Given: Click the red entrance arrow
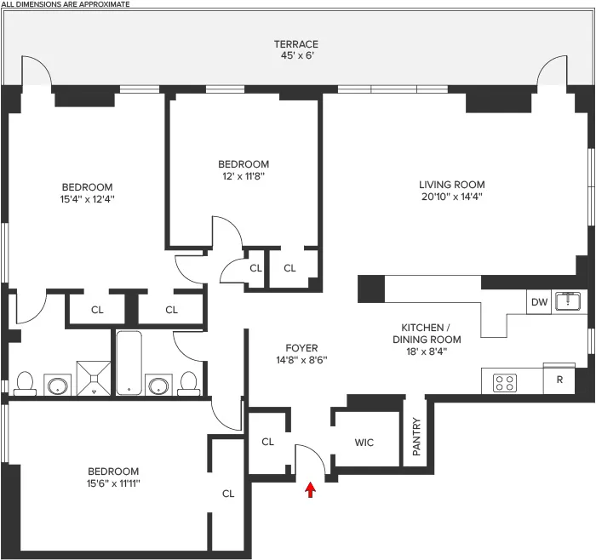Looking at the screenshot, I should click(310, 489).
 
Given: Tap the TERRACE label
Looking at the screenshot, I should click(295, 44).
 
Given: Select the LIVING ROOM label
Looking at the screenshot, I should click(451, 185).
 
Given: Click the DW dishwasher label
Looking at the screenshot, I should click(538, 302).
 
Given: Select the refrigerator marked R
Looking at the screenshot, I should click(559, 380).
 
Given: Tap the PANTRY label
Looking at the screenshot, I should click(415, 437).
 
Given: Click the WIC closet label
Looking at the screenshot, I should click(364, 442).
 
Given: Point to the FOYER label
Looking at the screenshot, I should click(301, 348).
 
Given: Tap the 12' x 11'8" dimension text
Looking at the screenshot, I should click(244, 176).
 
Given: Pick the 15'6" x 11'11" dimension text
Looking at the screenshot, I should click(114, 483).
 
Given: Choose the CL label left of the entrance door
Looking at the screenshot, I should click(267, 442).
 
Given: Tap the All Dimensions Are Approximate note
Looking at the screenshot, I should click(66, 4).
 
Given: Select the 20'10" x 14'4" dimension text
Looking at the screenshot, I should click(451, 197).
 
